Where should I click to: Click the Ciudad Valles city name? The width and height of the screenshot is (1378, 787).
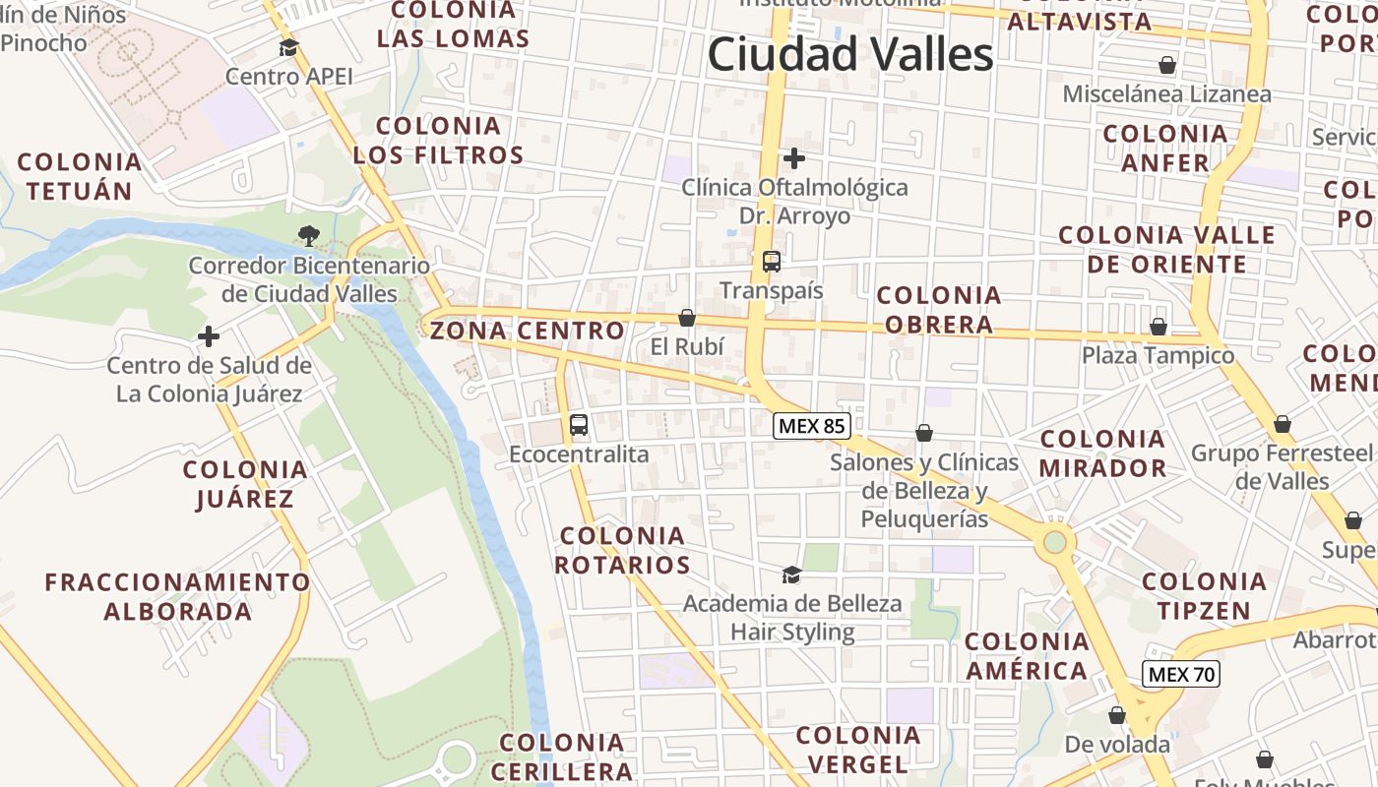(850, 54)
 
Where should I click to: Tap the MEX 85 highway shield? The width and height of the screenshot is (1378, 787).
(811, 426)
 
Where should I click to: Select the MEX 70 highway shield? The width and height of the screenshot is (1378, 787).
(1181, 674)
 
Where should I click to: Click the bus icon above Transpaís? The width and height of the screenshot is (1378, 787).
(772, 262)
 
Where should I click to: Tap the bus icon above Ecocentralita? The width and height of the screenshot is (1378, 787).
(579, 425)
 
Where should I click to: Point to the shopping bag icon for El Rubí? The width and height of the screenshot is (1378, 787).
(687, 318)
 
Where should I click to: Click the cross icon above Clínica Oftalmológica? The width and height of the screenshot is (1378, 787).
(794, 157)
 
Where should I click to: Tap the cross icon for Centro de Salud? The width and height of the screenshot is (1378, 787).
(209, 336)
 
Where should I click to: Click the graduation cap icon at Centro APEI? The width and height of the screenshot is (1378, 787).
(288, 48)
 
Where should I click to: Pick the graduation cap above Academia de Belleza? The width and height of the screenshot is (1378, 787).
(791, 574)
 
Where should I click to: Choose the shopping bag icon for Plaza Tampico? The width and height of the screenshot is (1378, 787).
(1159, 327)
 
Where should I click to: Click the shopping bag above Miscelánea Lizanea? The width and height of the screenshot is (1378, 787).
(1167, 65)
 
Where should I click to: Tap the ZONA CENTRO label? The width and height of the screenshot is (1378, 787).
(528, 331)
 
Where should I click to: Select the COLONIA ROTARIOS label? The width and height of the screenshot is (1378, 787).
(622, 550)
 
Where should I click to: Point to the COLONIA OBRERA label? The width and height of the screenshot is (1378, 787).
(938, 310)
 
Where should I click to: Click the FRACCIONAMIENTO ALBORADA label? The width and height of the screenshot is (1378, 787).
(178, 596)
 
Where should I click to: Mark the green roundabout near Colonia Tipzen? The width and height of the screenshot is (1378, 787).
(1055, 540)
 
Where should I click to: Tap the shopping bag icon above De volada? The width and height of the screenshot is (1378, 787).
(1117, 715)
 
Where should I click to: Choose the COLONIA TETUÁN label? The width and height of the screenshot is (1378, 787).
(80, 176)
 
